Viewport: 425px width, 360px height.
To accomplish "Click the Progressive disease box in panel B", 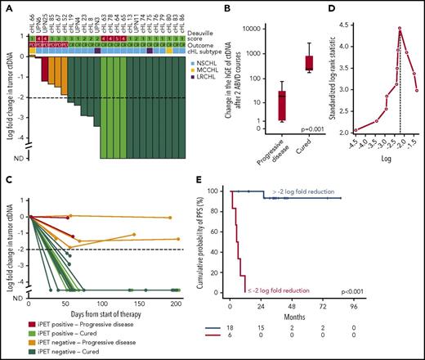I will point(237,106).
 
